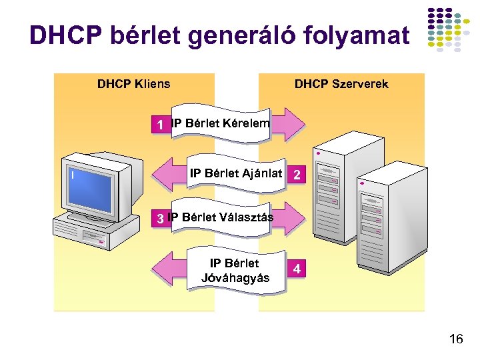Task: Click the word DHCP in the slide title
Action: [62, 36]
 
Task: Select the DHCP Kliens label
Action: [133, 84]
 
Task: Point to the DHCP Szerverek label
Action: [341, 84]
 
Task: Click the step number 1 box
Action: [160, 125]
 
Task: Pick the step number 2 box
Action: [297, 175]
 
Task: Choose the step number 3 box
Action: [160, 218]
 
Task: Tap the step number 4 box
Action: [297, 269]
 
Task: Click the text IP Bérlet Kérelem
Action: [221, 123]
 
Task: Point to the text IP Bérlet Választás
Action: [221, 217]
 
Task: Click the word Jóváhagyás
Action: [235, 277]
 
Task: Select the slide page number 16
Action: [456, 340]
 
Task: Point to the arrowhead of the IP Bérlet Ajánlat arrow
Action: [163, 175]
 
